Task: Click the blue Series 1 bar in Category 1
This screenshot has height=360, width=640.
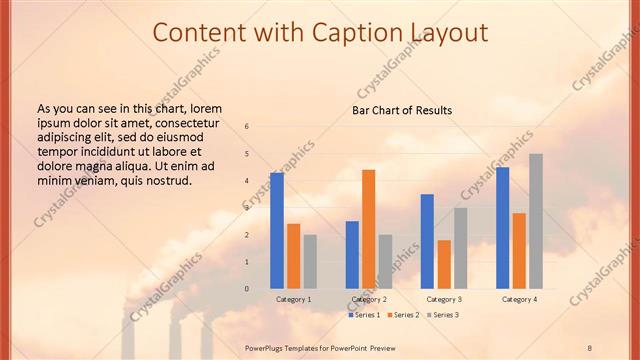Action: [x=277, y=231]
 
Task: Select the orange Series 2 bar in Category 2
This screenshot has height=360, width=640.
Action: [x=368, y=229]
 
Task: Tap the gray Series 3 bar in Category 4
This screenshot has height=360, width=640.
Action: [x=536, y=221]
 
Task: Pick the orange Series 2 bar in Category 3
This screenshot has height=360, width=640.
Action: [x=444, y=264]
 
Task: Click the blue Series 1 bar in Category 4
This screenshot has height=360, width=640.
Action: [x=502, y=228]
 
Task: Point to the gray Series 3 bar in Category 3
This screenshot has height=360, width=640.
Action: [x=460, y=248]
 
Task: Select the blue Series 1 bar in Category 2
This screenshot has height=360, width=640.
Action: [x=352, y=255]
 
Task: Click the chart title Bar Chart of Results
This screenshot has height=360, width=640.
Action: [x=402, y=110]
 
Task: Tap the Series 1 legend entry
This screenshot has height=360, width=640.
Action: [x=364, y=315]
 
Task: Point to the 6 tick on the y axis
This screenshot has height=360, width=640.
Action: [x=247, y=127]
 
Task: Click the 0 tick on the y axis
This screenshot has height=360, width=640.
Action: [x=247, y=289]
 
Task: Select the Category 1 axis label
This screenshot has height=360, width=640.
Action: [x=293, y=299]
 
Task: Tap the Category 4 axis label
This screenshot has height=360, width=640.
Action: [x=519, y=299]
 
